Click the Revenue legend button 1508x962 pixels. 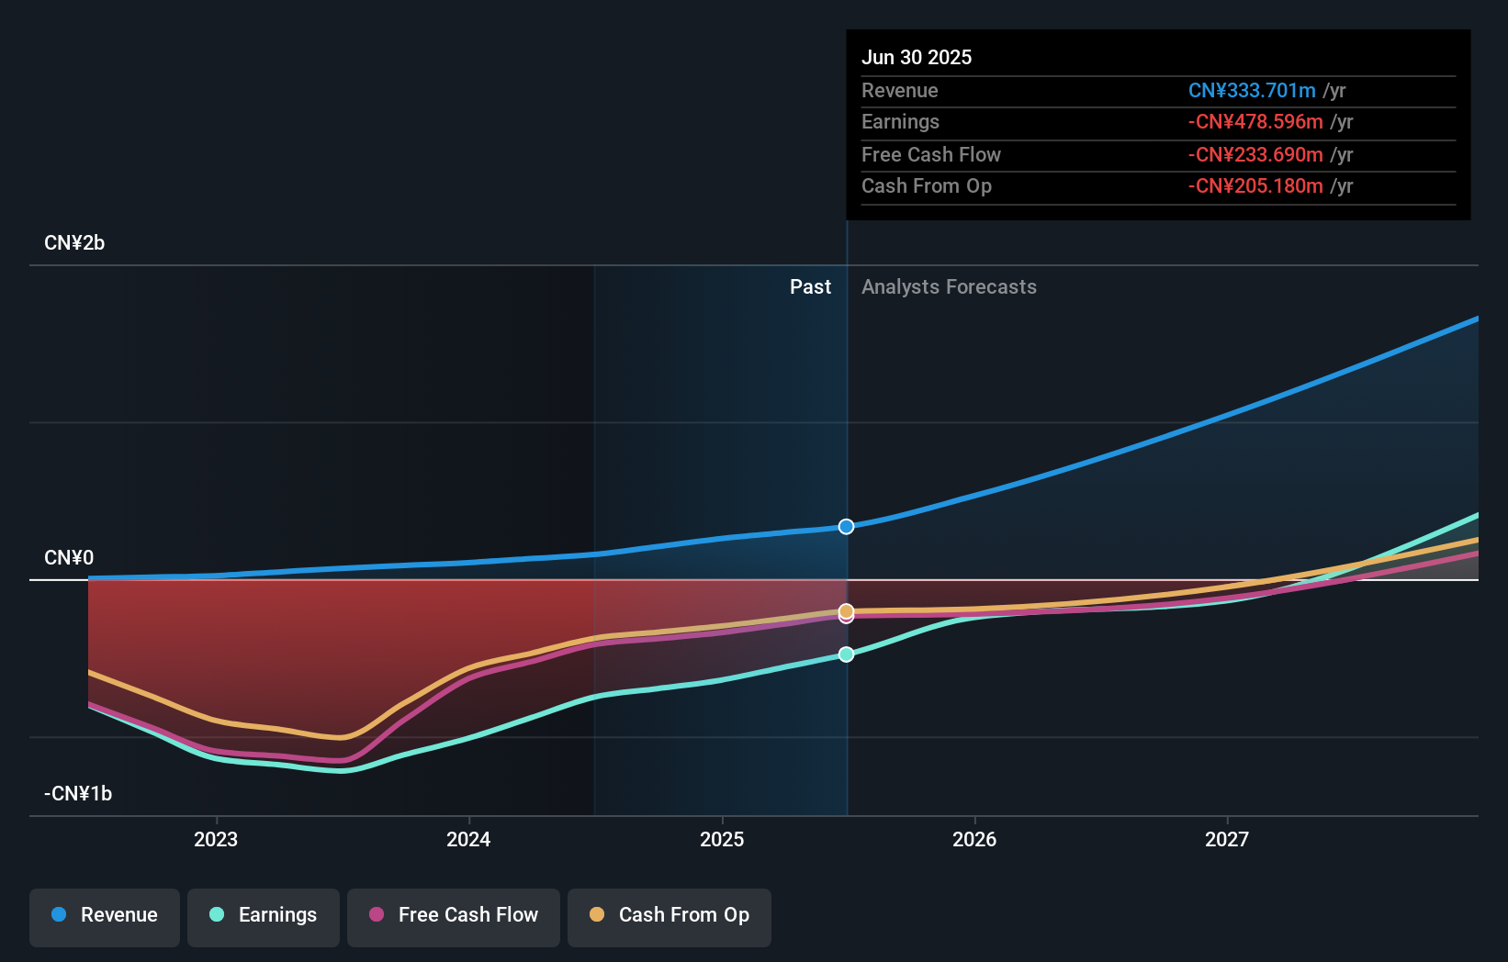[x=105, y=915]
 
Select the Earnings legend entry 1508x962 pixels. [x=264, y=915]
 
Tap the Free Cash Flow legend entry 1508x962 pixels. [x=454, y=915]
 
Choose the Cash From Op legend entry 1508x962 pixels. [x=670, y=915]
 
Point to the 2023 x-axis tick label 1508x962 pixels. [x=216, y=839]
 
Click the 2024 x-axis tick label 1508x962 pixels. [x=468, y=839]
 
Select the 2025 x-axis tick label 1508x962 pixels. [x=722, y=839]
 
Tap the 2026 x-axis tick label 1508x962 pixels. [x=974, y=839]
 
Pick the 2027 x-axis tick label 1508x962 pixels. [x=1227, y=839]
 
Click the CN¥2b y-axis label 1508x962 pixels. [x=74, y=243]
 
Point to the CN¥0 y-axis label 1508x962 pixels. [x=69, y=558]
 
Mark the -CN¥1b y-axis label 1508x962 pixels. [x=78, y=794]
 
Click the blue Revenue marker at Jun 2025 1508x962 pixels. [x=847, y=527]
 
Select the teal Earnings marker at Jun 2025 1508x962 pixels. [x=847, y=654]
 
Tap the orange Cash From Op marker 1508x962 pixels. [x=847, y=610]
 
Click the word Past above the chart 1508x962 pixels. [x=810, y=287]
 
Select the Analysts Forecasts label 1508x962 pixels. [x=949, y=287]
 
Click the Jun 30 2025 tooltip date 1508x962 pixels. [x=917, y=57]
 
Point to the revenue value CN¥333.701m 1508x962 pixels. [x=1252, y=91]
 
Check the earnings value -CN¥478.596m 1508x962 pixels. [x=1255, y=122]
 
